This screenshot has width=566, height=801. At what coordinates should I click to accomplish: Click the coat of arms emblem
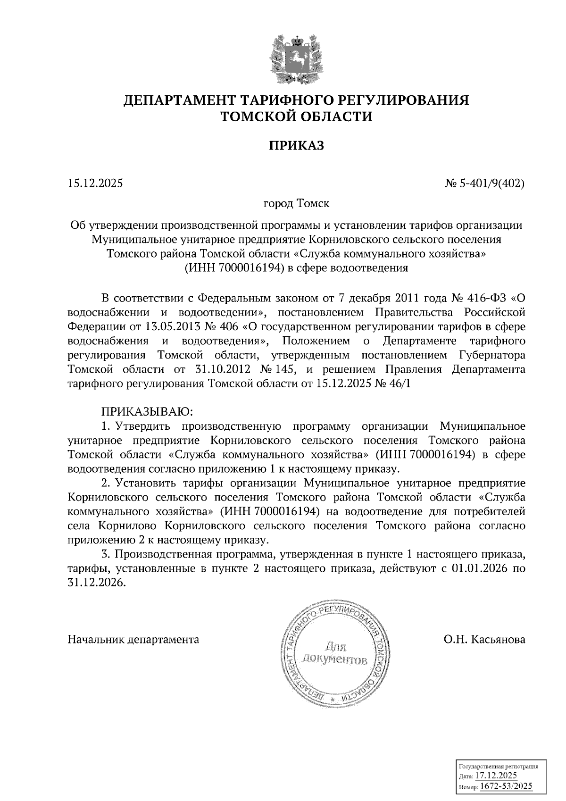pyautogui.click(x=297, y=58)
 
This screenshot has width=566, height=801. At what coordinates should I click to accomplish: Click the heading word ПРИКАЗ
pyautogui.click(x=297, y=146)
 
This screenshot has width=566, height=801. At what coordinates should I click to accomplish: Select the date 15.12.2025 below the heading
pyautogui.click(x=95, y=183)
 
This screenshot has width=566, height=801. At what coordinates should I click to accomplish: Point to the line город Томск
pyautogui.click(x=296, y=204)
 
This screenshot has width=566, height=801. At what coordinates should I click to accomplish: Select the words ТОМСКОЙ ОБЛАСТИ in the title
pyautogui.click(x=297, y=116)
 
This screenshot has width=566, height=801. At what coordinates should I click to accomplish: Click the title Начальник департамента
pyautogui.click(x=133, y=640)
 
